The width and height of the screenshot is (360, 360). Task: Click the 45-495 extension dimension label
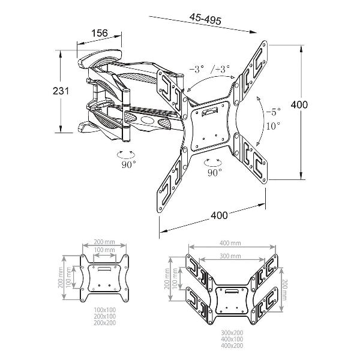click(205, 19)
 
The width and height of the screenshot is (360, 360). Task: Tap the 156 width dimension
click(100, 33)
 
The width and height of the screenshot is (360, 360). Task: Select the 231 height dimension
click(61, 91)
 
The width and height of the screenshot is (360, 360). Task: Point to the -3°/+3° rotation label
click(209, 68)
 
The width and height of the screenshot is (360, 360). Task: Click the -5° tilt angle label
click(273, 112)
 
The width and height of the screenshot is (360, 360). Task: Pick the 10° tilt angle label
click(273, 125)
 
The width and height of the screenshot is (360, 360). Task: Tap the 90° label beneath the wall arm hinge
click(128, 164)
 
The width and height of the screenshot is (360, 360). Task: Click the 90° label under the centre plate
click(215, 172)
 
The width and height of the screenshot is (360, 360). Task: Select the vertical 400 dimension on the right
click(299, 104)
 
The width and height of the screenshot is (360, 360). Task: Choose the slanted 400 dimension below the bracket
click(219, 215)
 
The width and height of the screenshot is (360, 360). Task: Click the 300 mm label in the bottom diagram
click(230, 256)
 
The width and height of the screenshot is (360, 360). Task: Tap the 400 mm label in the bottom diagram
click(230, 242)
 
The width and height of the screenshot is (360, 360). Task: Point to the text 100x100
click(104, 310)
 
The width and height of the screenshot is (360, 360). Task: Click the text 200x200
click(104, 323)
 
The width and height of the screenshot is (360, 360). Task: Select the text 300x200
click(232, 332)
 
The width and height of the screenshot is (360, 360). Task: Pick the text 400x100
click(232, 339)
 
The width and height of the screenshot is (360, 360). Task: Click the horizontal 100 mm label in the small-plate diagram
click(104, 250)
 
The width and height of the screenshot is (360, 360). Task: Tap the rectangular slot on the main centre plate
click(209, 111)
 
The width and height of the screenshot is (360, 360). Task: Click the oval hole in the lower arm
click(147, 120)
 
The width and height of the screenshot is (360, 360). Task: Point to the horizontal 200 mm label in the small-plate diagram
click(104, 242)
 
